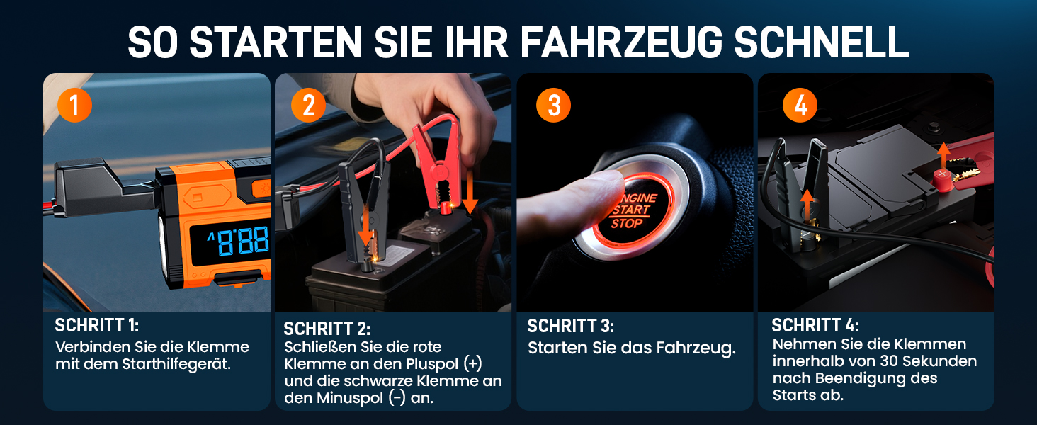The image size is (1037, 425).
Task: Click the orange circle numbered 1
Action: pyautogui.click(x=74, y=105)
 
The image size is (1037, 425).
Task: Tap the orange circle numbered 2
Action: pyautogui.click(x=308, y=105)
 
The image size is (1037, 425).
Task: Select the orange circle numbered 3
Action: pyautogui.click(x=554, y=105)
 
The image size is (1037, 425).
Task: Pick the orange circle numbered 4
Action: pyautogui.click(x=800, y=105)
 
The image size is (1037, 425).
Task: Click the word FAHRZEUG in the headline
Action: pyautogui.click(x=621, y=42)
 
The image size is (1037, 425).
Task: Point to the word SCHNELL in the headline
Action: pyautogui.click(x=822, y=42)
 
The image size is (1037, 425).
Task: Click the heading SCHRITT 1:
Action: pyautogui.click(x=97, y=325)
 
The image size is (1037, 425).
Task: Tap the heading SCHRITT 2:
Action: pyautogui.click(x=327, y=329)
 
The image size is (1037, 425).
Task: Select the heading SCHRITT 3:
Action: pyautogui.click(x=571, y=326)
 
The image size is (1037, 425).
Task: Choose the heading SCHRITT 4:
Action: pyautogui.click(x=815, y=325)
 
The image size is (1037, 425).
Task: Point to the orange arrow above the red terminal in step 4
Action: pyautogui.click(x=943, y=157)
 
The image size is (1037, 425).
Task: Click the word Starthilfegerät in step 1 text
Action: pyautogui.click(x=176, y=364)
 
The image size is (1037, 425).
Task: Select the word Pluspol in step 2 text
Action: pyautogui.click(x=432, y=364)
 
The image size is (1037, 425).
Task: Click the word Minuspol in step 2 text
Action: pyautogui.click(x=350, y=398)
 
